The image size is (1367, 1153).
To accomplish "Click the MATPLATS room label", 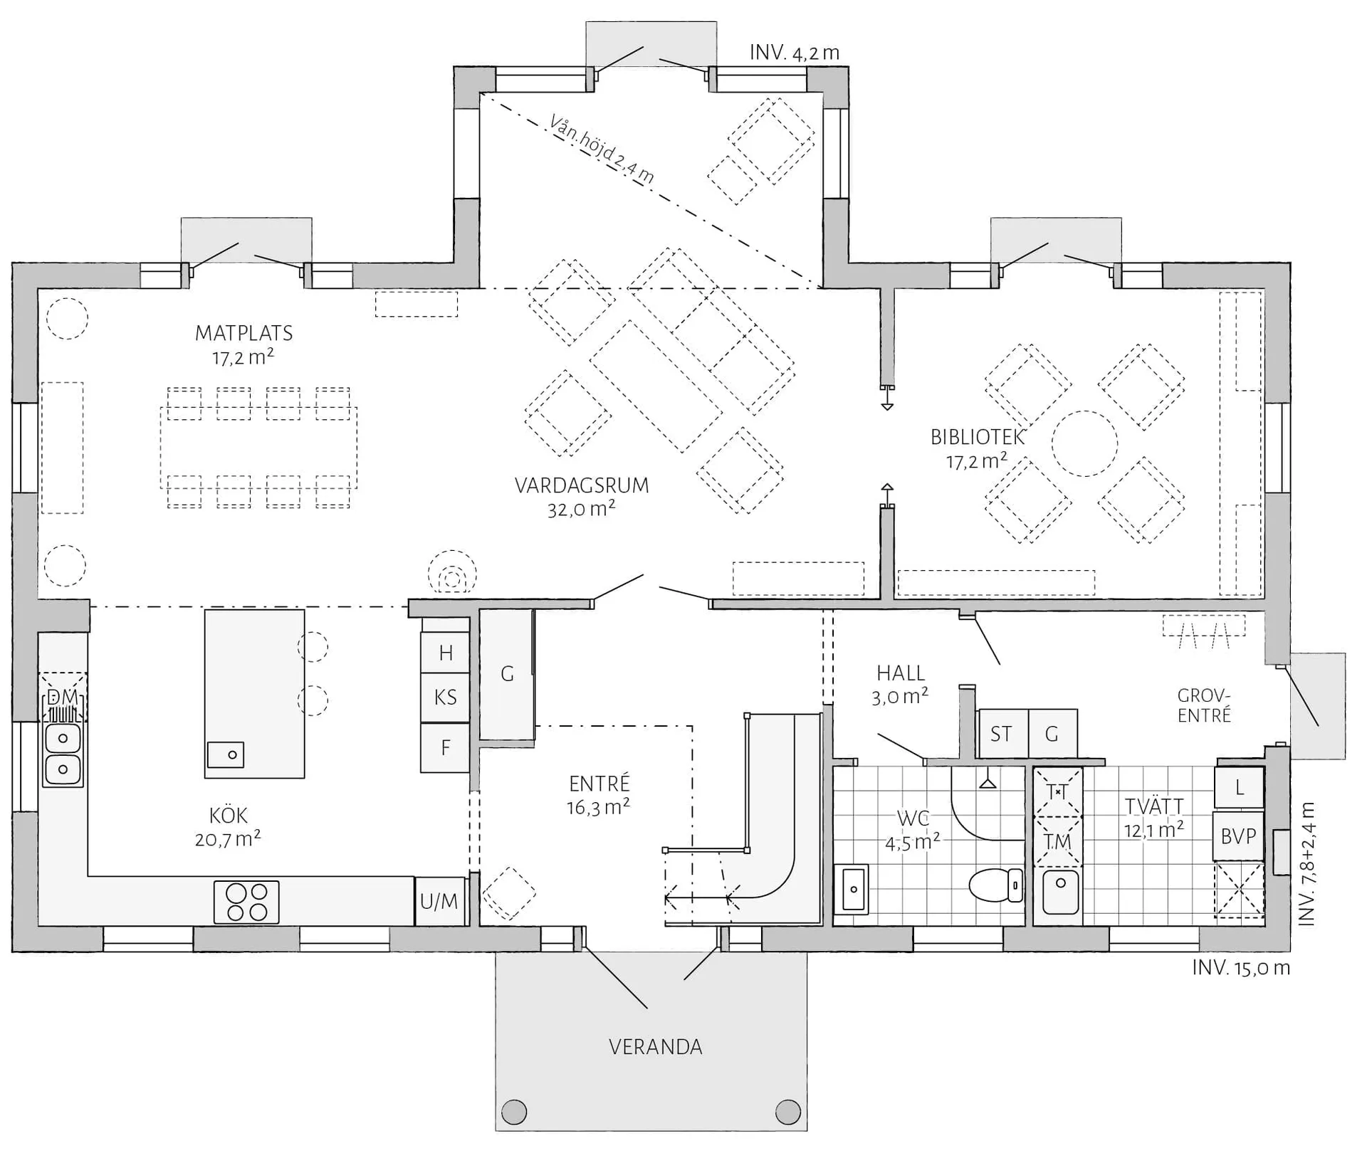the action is (244, 333).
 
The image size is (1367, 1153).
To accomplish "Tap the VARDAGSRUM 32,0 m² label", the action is (582, 497).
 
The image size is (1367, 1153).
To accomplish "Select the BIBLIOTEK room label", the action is (977, 437).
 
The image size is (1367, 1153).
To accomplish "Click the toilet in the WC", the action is (996, 885).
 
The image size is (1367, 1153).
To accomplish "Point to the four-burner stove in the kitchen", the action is (246, 902).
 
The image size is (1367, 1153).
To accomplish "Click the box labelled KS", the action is (445, 697).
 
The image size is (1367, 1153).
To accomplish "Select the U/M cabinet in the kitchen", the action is (439, 902).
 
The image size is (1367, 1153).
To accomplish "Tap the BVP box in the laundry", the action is (1238, 836).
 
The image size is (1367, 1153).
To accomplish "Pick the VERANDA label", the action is (655, 1047).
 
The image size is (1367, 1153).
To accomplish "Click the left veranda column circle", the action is (514, 1111).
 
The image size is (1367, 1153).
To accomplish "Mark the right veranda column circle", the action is (787, 1111).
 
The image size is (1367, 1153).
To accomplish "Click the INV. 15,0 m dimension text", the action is (1241, 968).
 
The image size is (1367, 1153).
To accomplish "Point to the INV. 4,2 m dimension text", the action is (795, 53).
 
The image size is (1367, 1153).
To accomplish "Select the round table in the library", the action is (1084, 443).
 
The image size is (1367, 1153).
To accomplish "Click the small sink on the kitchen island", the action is (226, 754).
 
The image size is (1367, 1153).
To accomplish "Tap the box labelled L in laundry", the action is (1239, 787).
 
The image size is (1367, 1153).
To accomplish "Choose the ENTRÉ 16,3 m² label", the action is (599, 795).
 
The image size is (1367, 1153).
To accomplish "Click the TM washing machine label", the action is (1058, 841).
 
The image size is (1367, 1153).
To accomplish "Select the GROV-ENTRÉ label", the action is (1204, 705).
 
